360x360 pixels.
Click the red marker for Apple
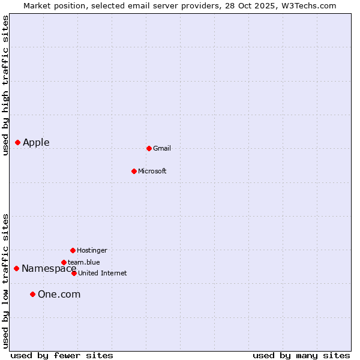click(x=18, y=142)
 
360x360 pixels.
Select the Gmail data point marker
click(x=149, y=148)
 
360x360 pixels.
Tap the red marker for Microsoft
click(x=134, y=171)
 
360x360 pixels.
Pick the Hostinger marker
click(x=73, y=250)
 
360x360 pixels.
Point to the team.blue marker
click(x=64, y=262)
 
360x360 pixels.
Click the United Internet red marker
click(x=74, y=273)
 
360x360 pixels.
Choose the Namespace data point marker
click(x=16, y=268)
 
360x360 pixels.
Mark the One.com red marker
click(x=32, y=294)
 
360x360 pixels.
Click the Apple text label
click(x=36, y=142)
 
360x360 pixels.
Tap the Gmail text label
click(x=162, y=148)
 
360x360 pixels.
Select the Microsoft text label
click(x=152, y=171)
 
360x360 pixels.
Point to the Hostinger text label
click(x=92, y=250)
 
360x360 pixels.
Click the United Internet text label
click(x=103, y=273)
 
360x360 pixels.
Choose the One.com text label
click(x=59, y=294)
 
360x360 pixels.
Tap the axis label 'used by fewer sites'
click(x=62, y=355)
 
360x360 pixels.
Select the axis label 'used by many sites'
click(x=301, y=355)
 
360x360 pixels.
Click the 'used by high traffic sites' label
click(x=5, y=85)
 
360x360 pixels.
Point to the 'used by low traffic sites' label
click(x=5, y=281)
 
